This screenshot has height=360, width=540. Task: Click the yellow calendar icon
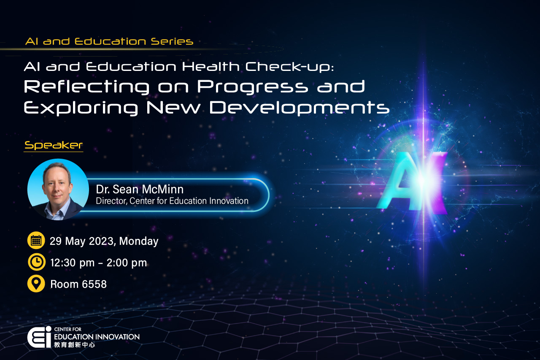click(x=36, y=241)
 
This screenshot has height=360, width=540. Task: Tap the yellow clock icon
click(x=36, y=262)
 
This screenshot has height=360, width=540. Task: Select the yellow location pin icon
click(x=36, y=284)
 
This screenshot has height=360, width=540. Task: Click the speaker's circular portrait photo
click(x=58, y=189)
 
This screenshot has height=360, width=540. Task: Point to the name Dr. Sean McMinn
click(x=140, y=189)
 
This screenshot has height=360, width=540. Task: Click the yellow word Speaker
click(x=54, y=145)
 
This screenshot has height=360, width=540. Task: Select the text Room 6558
click(x=78, y=284)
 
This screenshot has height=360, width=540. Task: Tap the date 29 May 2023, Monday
click(x=104, y=241)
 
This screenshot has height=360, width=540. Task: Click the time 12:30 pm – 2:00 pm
click(x=99, y=263)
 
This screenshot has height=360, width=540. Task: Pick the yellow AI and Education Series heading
click(x=109, y=41)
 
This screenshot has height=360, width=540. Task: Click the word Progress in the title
click(x=253, y=87)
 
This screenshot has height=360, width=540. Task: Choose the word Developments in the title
click(x=300, y=108)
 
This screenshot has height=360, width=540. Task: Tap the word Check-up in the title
click(x=289, y=67)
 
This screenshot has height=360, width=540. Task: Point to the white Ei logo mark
click(x=39, y=337)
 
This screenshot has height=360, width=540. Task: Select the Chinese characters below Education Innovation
click(x=75, y=344)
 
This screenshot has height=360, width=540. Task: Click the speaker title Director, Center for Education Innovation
click(x=172, y=201)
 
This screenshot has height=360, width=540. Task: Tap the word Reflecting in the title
click(x=86, y=87)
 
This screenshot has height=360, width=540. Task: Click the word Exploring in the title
click(x=81, y=108)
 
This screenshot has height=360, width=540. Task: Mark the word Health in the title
click(x=211, y=67)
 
